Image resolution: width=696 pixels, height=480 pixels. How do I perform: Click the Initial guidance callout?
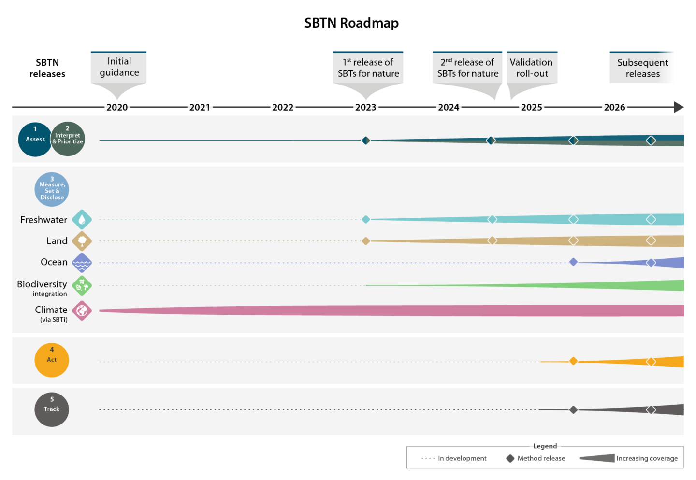click(x=119, y=67)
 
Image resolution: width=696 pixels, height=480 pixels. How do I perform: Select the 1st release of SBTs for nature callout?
click(x=368, y=68)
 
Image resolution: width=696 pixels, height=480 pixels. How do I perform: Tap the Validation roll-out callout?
click(x=532, y=68)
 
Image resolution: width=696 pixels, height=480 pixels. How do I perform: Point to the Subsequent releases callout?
click(x=642, y=68)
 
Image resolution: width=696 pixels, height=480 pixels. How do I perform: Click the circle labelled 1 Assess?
click(x=35, y=140)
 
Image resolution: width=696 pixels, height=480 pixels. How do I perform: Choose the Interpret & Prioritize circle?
click(x=68, y=139)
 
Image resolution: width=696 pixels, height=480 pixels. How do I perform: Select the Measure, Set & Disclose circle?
click(x=52, y=189)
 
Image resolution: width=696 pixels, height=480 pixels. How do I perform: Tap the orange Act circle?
click(x=52, y=360)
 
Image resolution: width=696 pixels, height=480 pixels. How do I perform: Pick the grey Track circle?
click(x=52, y=409)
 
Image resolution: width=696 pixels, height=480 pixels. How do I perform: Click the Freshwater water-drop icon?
click(x=82, y=220)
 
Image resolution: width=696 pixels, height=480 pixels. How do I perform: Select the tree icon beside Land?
click(x=82, y=241)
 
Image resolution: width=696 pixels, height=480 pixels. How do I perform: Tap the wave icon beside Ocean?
click(x=82, y=263)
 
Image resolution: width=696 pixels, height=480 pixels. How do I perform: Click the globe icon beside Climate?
click(x=82, y=311)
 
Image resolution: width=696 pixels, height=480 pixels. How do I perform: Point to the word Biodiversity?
click(x=42, y=284)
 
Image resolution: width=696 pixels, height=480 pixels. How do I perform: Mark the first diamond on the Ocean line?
click(x=573, y=262)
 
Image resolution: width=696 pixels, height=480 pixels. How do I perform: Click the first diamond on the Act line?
click(x=573, y=361)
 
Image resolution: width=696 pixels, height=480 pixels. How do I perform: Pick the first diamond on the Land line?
click(x=366, y=240)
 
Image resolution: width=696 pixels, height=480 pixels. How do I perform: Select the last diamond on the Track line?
click(x=651, y=410)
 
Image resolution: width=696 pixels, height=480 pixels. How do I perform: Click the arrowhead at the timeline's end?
click(x=679, y=107)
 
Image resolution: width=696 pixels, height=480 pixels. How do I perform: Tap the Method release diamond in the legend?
click(x=510, y=458)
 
